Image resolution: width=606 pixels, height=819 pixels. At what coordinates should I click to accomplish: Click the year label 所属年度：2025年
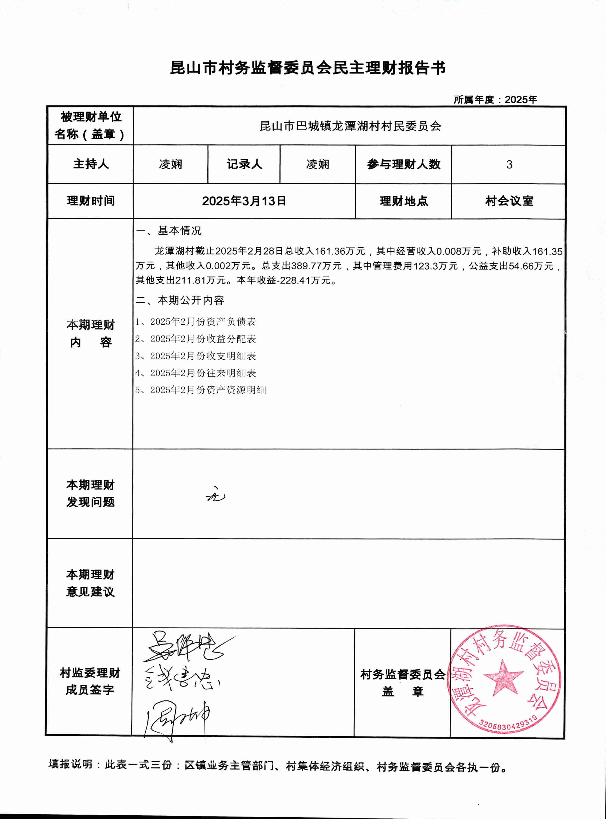pos(495,100)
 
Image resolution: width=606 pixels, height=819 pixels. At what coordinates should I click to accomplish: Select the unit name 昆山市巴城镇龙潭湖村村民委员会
pos(350,126)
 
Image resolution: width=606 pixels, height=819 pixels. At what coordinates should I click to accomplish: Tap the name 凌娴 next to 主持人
pos(171,164)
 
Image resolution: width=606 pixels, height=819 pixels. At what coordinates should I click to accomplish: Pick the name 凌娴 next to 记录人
pos(318,164)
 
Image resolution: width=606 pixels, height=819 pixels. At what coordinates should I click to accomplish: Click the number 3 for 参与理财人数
pos(509,165)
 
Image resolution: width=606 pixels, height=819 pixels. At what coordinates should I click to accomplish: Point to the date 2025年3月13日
pos(244,201)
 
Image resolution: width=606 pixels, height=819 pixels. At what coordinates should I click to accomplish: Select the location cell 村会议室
pos(509,201)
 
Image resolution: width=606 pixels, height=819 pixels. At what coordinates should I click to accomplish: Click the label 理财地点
pos(403,201)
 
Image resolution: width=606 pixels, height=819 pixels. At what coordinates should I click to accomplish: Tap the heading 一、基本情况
pos(169,230)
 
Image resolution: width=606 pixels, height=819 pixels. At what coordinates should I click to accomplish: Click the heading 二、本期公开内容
pos(180,300)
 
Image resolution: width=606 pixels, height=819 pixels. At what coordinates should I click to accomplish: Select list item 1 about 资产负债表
pos(196,322)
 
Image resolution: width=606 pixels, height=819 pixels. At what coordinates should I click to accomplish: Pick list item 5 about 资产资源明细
pos(201,390)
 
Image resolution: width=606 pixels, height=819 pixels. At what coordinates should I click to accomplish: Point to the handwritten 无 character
pos(216,495)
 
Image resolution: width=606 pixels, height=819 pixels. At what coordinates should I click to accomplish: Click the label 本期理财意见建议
pos(90,583)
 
